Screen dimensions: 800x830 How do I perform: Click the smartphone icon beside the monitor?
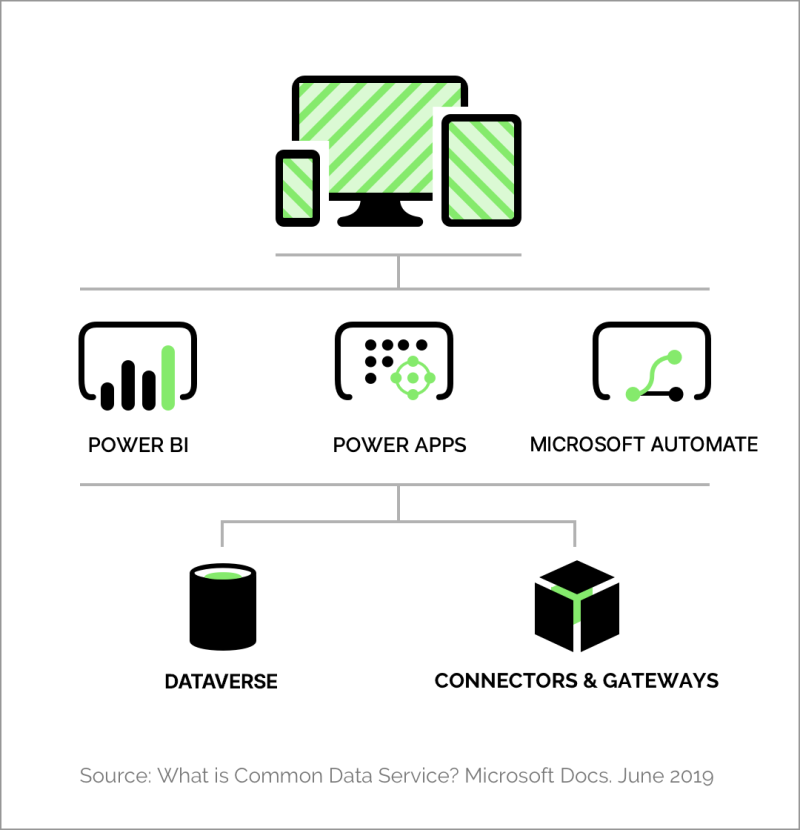298,188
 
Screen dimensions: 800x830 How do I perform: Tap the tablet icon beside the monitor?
481,170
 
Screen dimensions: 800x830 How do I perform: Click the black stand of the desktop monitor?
380,211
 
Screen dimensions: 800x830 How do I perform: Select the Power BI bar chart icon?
138,366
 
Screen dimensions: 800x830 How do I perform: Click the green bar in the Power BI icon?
168,378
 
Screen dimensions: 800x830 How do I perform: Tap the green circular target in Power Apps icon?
413,378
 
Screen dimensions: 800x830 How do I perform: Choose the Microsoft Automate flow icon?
652,362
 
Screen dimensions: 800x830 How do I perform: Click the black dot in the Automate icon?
676,394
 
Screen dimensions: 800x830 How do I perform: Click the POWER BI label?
138,445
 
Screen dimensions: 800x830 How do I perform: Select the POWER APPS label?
400,445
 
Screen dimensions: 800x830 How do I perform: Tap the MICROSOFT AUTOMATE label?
644,445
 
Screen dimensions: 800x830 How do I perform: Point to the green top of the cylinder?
223,575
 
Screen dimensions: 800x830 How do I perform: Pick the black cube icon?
577,606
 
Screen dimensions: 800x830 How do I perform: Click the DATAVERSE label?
221,681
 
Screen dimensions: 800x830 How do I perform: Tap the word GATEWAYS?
661,681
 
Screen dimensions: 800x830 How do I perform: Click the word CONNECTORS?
506,681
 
